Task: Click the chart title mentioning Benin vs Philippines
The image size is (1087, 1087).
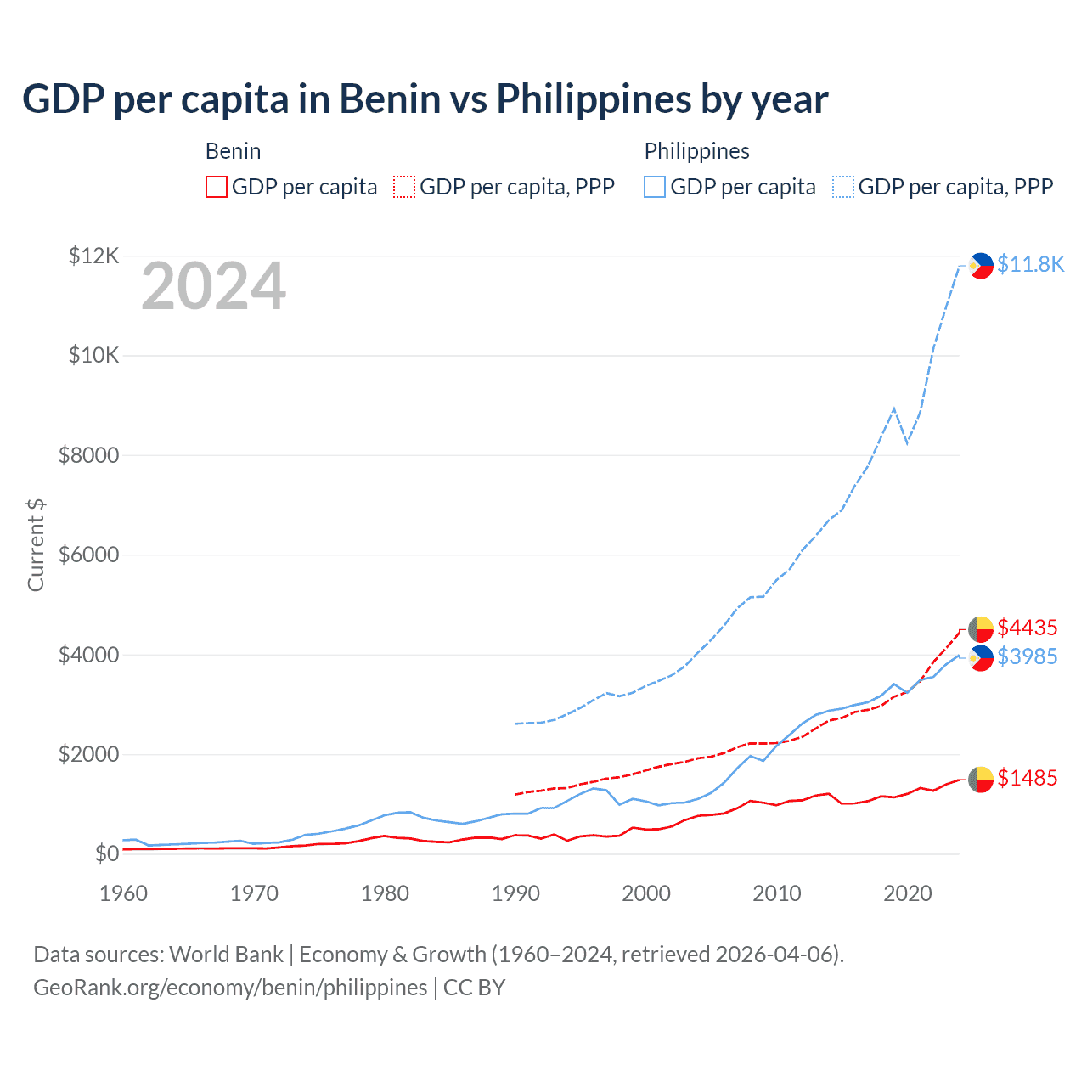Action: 425,99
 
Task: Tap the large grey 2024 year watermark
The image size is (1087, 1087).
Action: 213,287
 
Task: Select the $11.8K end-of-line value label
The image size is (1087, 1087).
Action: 1030,264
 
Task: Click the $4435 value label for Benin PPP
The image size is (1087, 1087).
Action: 1027,628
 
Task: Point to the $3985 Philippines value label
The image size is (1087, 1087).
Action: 1027,656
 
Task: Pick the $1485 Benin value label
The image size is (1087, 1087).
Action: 1027,778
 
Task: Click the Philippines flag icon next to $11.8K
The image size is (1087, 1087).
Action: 981,266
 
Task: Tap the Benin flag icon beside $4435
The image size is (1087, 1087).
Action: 981,629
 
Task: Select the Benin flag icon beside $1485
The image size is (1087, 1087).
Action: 981,779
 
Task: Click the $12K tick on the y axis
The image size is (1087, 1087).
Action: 93,256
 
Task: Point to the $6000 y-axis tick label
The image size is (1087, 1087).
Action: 88,555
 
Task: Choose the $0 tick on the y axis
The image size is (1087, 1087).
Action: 106,854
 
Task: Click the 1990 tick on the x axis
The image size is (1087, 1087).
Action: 515,893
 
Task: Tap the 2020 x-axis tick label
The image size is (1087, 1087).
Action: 908,893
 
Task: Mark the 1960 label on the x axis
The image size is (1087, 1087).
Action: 124,893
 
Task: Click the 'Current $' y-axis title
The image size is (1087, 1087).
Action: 36,545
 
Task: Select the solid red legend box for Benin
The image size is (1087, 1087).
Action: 217,187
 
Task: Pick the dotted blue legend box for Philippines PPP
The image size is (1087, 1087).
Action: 843,187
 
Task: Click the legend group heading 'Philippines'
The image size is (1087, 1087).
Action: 696,151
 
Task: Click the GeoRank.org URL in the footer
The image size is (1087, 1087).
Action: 230,988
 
